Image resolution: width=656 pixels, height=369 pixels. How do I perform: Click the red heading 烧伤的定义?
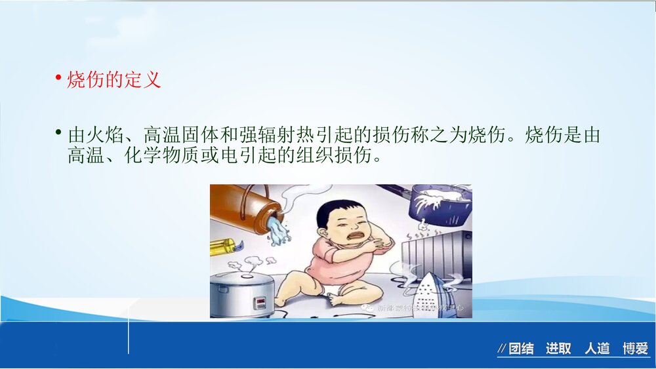(114, 81)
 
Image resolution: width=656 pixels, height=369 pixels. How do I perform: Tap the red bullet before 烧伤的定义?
(58, 80)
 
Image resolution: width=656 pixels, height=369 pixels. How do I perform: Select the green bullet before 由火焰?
(58, 134)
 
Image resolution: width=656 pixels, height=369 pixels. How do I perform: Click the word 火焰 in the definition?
(104, 136)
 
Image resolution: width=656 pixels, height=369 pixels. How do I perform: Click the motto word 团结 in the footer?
(521, 349)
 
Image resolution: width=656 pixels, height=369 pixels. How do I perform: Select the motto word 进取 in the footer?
(559, 349)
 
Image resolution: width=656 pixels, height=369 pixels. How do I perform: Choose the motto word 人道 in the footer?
(598, 349)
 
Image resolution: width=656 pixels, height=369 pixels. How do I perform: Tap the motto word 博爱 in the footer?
(635, 349)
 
